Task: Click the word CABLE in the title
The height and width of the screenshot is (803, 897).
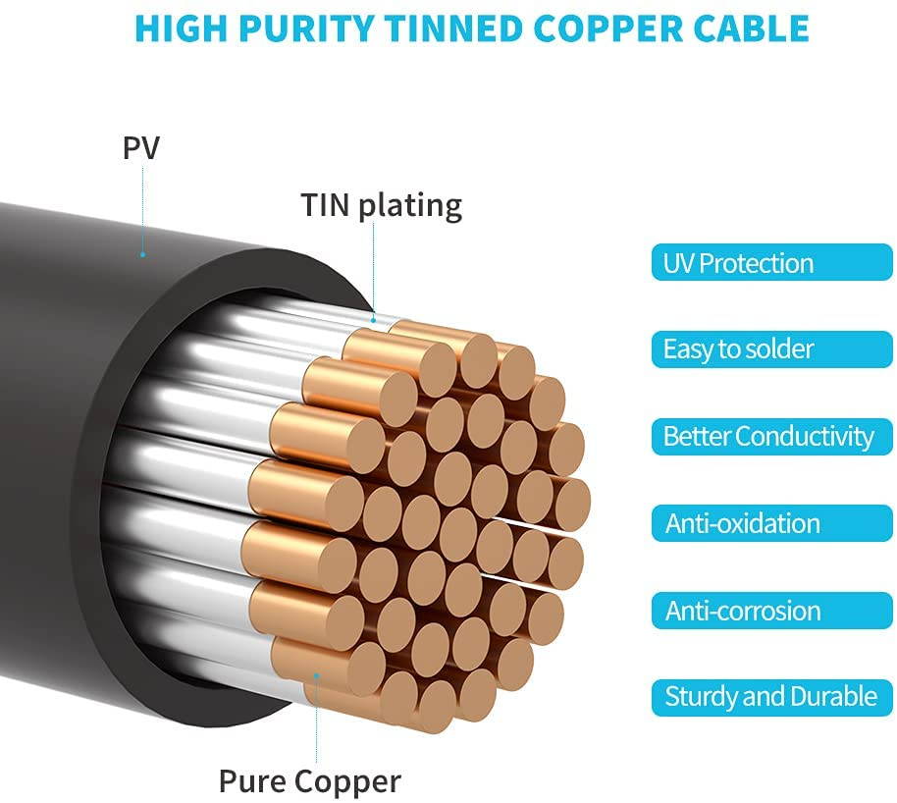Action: [752, 28]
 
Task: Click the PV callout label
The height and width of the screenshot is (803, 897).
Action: [141, 148]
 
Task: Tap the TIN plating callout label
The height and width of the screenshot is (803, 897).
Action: [381, 205]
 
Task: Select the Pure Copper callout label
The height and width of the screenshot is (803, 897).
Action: [310, 781]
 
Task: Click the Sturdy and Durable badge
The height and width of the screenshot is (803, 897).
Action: [770, 697]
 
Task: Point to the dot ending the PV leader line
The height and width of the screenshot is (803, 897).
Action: [142, 254]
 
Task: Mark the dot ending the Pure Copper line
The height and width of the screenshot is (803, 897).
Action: [316, 675]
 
